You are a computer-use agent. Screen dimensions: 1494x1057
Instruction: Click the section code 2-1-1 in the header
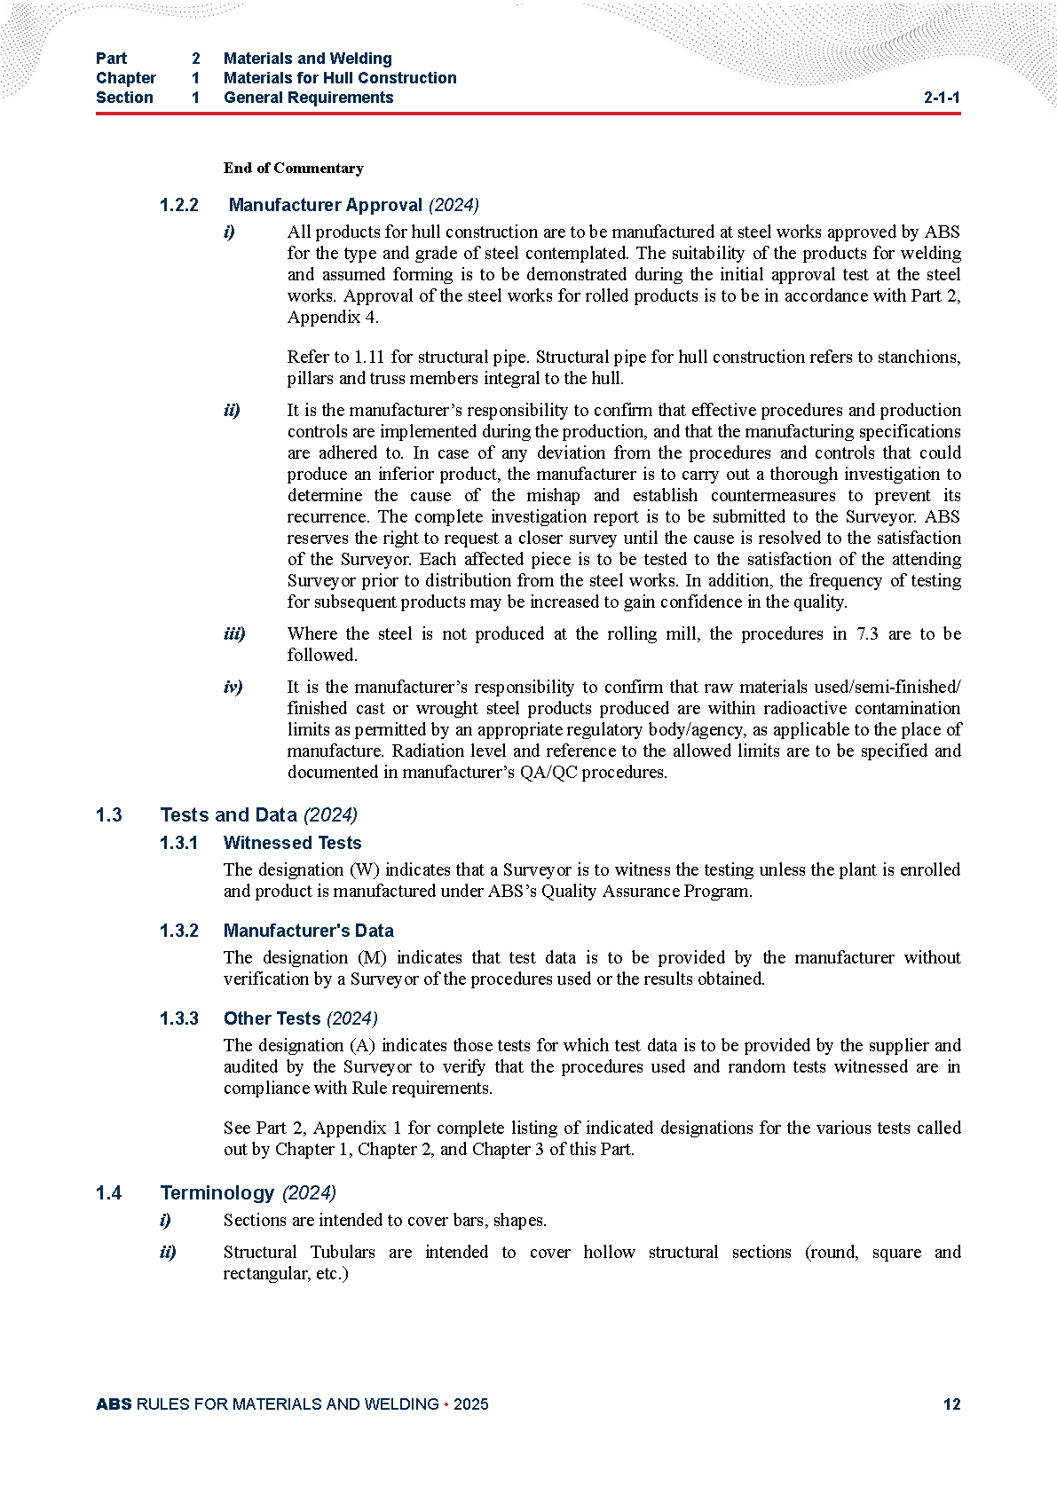point(942,98)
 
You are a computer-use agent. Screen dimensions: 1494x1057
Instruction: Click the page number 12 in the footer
point(951,1404)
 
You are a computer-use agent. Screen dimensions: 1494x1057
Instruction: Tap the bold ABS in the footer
point(114,1404)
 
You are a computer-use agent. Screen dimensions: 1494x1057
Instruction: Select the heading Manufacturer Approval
point(325,205)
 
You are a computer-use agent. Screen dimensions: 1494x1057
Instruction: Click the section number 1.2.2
point(179,205)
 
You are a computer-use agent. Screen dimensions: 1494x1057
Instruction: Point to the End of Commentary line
point(293,168)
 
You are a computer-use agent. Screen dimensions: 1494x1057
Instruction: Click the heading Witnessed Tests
point(292,843)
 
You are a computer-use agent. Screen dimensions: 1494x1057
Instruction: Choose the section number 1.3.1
point(179,843)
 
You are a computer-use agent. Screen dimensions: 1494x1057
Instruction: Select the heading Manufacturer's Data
point(308,931)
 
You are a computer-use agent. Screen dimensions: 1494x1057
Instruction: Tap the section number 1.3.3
point(179,1018)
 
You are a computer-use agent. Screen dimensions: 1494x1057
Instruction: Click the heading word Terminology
point(217,1192)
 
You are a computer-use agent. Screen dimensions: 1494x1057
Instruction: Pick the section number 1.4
point(109,1192)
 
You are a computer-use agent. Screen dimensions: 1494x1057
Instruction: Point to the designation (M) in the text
point(372,957)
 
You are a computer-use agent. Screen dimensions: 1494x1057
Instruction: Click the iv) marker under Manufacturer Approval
point(233,687)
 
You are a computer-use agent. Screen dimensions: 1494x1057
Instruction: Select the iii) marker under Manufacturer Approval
point(234,633)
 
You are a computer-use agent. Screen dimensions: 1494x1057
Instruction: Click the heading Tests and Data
point(228,814)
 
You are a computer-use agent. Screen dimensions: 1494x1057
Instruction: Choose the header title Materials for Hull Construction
point(340,78)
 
